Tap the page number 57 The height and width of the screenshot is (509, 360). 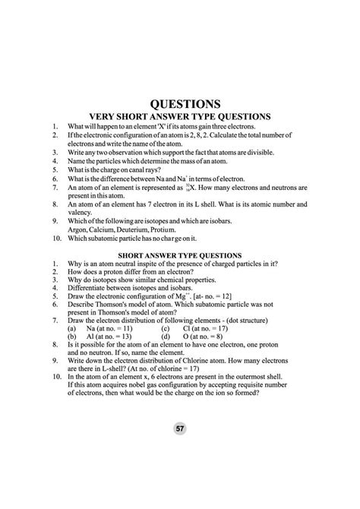coord(180,429)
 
